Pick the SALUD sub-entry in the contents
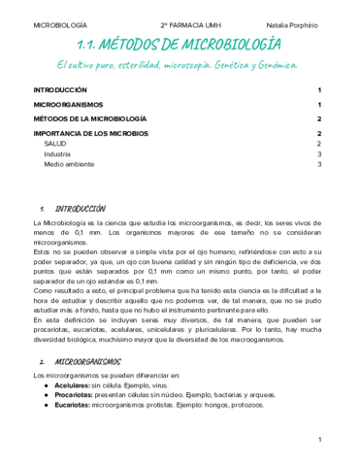(x=55, y=144)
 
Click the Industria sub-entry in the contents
(x=57, y=154)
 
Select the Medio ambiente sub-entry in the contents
(x=67, y=165)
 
